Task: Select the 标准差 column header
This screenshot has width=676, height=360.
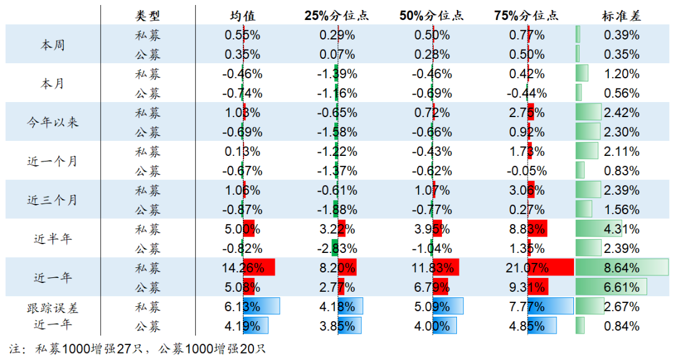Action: click(622, 16)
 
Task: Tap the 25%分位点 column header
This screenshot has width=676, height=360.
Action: click(337, 16)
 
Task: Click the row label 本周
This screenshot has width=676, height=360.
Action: click(53, 44)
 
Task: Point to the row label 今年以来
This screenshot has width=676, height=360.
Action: click(53, 122)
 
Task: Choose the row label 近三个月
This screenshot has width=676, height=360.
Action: click(53, 200)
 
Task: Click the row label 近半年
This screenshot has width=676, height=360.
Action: click(53, 239)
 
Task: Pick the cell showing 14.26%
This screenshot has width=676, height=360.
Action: click(243, 268)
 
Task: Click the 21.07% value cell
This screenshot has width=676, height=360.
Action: click(527, 268)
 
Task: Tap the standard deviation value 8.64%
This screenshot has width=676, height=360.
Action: click(622, 268)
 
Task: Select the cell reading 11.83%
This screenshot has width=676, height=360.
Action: click(432, 268)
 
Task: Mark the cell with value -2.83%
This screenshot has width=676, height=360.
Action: click(337, 249)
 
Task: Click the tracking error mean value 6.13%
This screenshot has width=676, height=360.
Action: click(243, 307)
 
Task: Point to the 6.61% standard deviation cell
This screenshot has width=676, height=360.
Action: click(622, 287)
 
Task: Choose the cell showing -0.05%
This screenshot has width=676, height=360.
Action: click(527, 171)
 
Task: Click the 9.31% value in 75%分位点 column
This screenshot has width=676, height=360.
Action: click(527, 287)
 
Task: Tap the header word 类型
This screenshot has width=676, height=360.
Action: click(148, 16)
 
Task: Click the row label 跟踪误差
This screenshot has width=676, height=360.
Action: click(53, 307)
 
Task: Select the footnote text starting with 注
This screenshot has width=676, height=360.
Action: click(138, 348)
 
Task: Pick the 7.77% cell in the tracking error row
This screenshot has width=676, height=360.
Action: click(527, 307)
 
